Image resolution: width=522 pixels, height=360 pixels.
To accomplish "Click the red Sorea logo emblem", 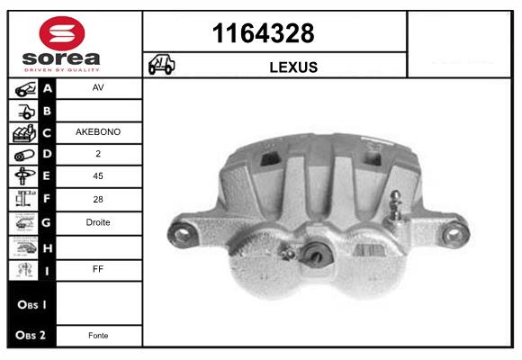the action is point(62,33).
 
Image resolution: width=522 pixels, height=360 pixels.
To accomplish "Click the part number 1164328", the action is point(263,33).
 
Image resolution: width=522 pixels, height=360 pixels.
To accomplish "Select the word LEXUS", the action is point(293,67).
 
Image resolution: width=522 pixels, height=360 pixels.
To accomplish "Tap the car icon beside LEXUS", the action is point(161,64).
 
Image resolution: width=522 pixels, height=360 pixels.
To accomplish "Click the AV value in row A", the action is point(98,87).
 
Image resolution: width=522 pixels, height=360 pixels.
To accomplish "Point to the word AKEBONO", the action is point(98,132).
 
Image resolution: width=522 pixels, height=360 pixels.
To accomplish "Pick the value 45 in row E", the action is point(98,175).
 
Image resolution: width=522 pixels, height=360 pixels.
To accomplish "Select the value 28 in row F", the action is point(98,199).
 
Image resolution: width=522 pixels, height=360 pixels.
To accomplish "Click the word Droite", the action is point(98,222).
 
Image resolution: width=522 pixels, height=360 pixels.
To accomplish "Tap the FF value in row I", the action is point(98,269).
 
